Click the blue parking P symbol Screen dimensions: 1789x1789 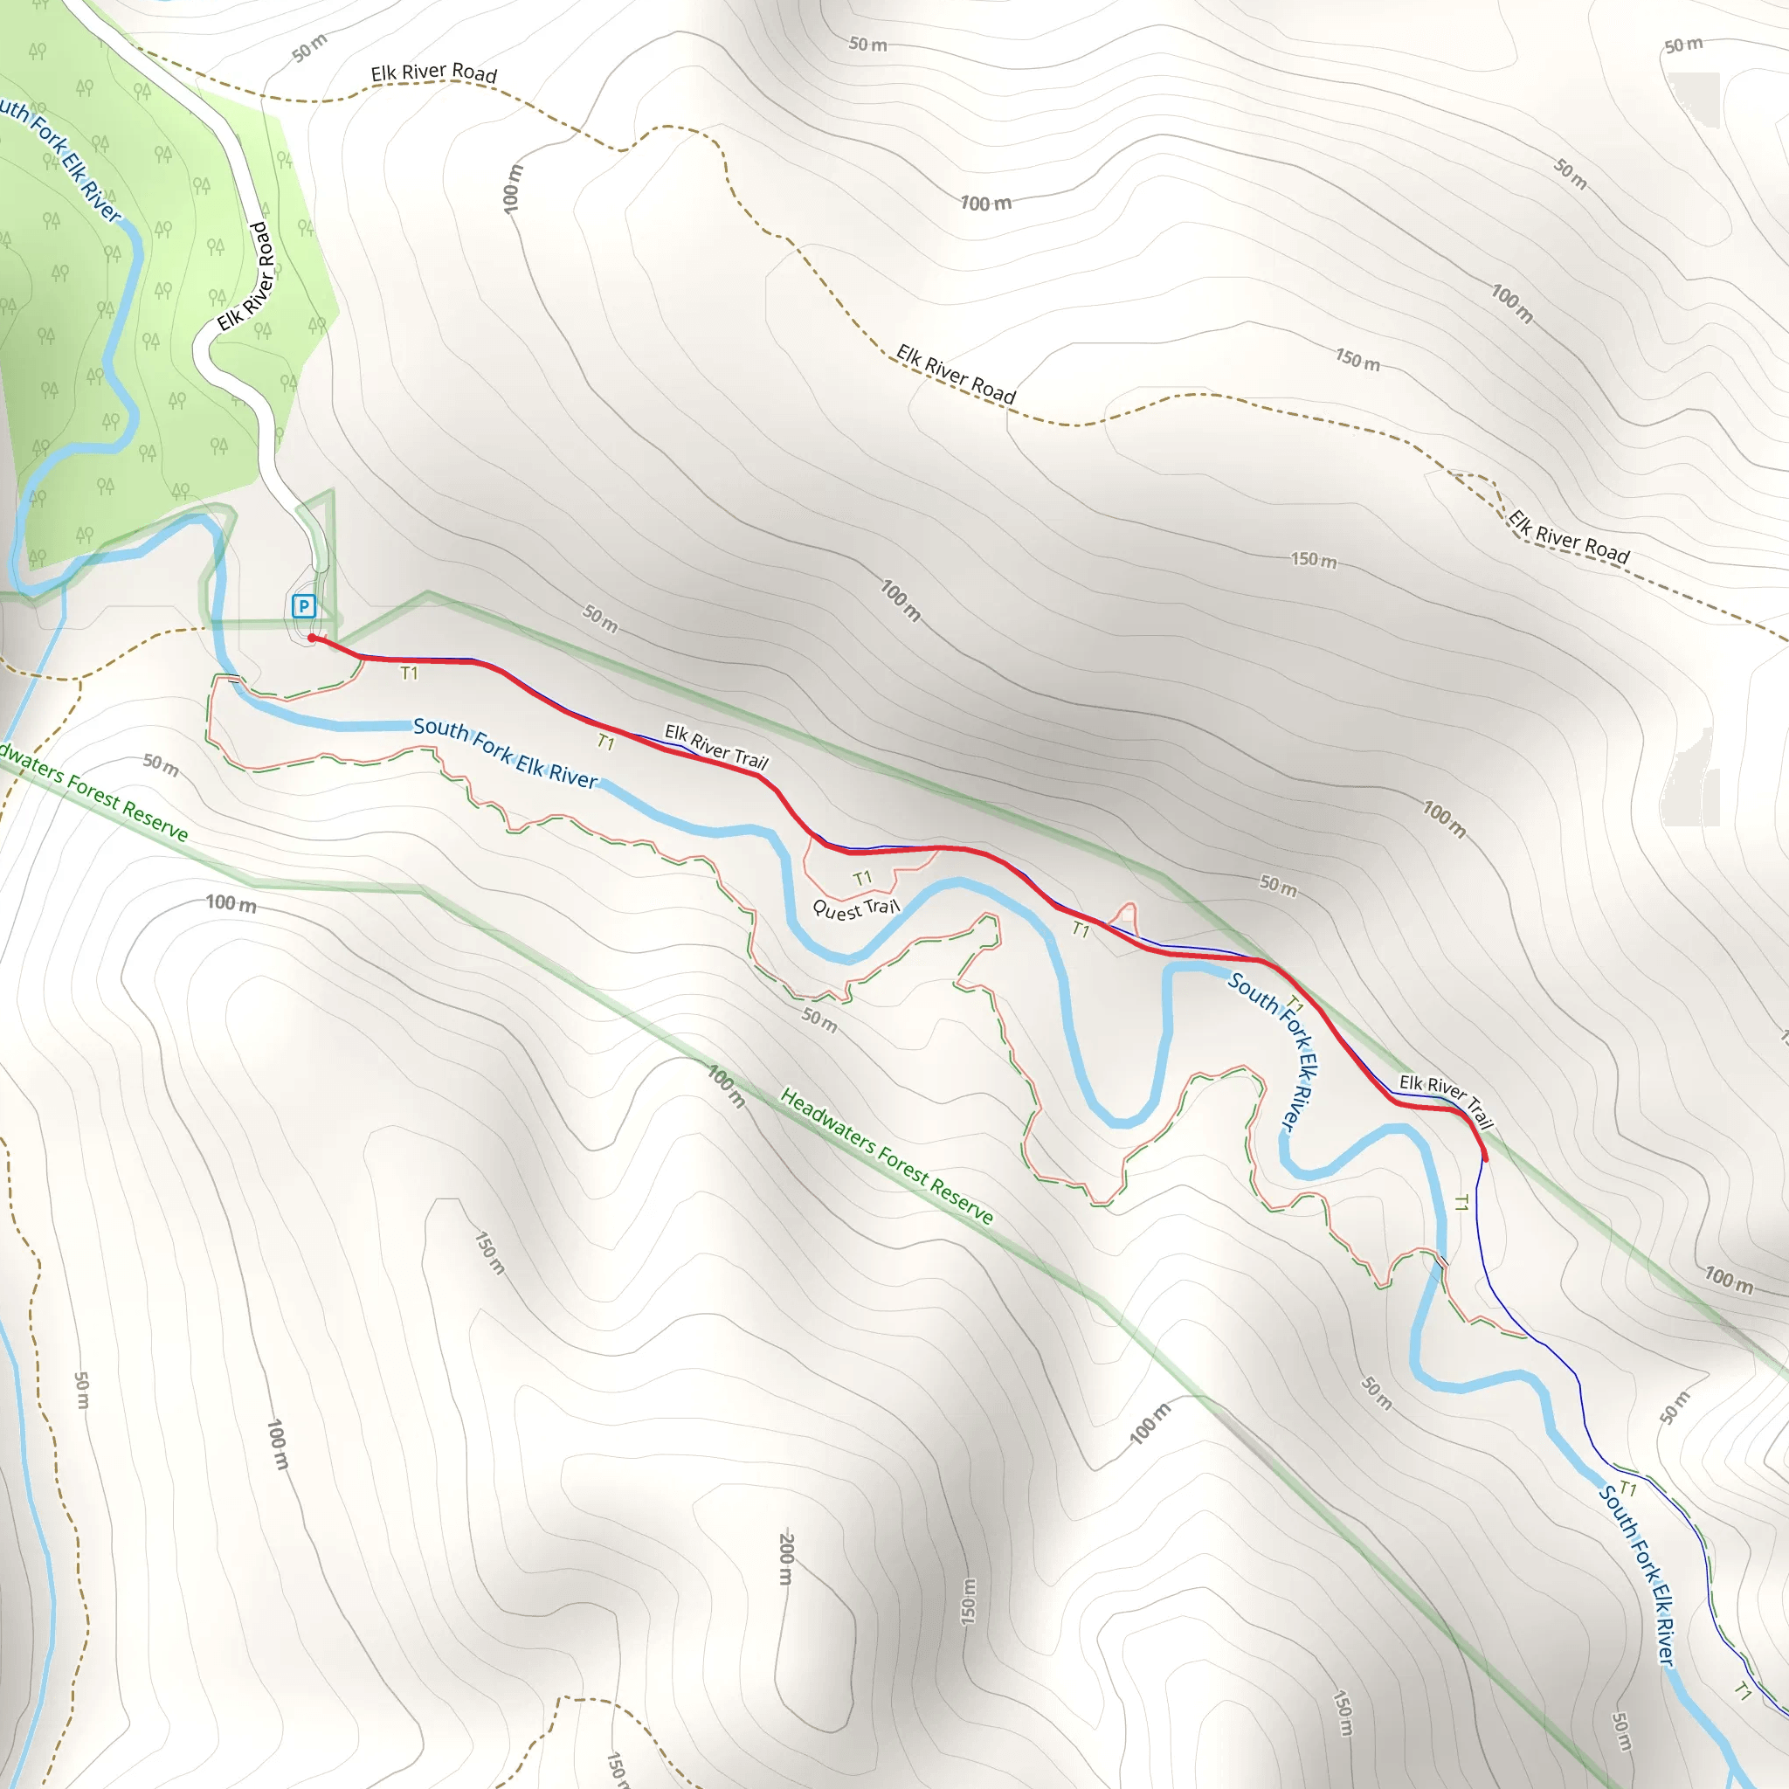coord(304,606)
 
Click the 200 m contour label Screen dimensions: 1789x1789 coord(786,1558)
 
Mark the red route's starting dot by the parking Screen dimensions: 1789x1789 coord(312,638)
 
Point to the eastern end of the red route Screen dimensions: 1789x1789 coord(1485,1158)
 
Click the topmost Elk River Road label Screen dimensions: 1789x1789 coord(433,73)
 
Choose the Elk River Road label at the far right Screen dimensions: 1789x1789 coord(1569,537)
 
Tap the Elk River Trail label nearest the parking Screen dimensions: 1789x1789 coord(715,746)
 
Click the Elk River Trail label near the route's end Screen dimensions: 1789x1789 coord(1446,1100)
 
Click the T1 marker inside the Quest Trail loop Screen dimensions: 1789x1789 coord(862,878)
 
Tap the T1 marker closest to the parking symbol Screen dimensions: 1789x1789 coord(408,673)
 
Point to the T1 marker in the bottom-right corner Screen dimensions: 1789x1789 coord(1743,1692)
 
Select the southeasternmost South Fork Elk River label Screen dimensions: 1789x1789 coord(1638,1575)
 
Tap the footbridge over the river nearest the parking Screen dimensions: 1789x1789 coord(238,682)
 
